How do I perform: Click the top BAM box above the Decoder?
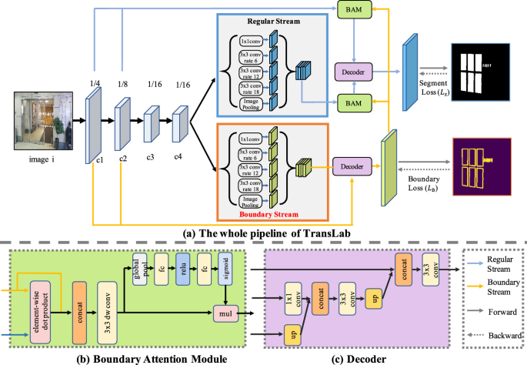[x=354, y=9]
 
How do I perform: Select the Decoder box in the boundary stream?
[x=352, y=166]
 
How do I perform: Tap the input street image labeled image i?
[x=43, y=121]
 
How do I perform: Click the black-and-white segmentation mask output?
[x=481, y=72]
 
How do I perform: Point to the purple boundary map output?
[x=482, y=167]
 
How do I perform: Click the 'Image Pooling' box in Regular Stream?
[x=251, y=104]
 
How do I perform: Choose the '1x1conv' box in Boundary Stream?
[x=250, y=139]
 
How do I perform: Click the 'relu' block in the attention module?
[x=183, y=269]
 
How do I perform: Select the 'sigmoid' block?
[x=225, y=269]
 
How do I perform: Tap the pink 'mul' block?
[x=226, y=313]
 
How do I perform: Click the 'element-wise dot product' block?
[x=40, y=313]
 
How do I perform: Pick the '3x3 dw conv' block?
[x=107, y=313]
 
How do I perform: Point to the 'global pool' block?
[x=140, y=269]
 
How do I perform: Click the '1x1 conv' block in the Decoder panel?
[x=293, y=299]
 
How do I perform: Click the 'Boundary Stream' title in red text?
[x=269, y=214]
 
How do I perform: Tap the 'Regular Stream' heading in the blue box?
[x=274, y=22]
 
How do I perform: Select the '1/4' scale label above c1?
[x=95, y=83]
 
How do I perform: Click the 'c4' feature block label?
[x=178, y=156]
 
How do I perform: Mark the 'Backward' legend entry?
[x=505, y=336]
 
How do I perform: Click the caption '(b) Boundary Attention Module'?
[x=152, y=359]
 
